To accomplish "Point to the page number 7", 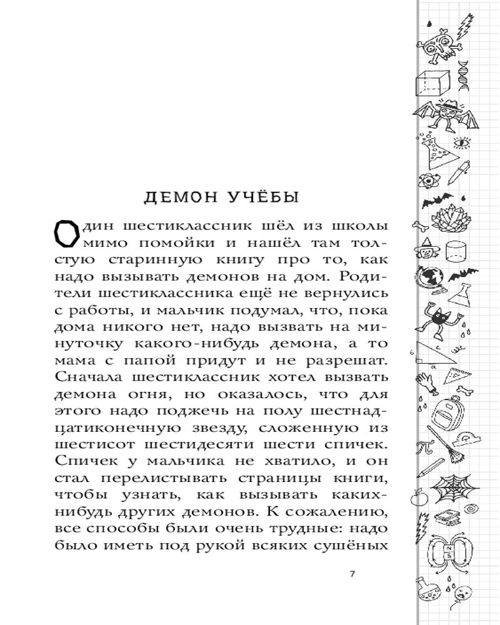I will pyautogui.click(x=351, y=574).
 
